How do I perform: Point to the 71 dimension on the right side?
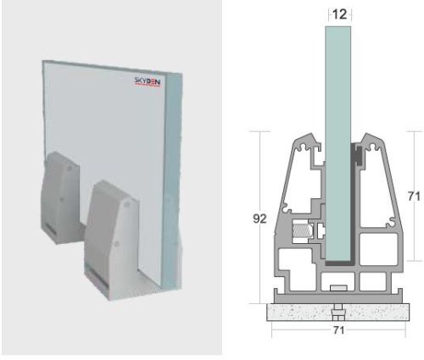click(414, 196)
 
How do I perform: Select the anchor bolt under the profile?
click(338, 306)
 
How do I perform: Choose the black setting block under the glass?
click(337, 265)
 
